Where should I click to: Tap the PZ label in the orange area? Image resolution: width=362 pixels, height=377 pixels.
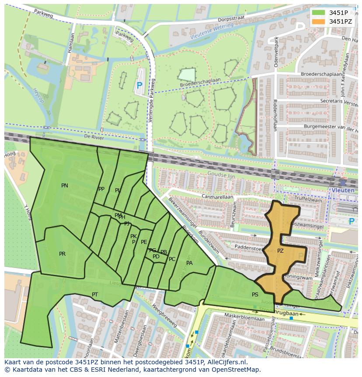(280, 251)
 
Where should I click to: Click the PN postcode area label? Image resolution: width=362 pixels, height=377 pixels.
(65, 186)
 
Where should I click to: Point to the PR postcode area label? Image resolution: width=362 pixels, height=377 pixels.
(63, 254)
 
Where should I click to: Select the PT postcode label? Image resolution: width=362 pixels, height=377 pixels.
(95, 294)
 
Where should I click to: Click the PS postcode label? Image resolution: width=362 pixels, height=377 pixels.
(255, 295)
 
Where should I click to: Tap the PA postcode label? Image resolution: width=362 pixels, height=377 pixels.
(189, 263)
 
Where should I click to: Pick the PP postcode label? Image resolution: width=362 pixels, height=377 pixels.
(101, 189)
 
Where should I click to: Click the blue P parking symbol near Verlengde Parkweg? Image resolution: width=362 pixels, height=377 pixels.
(139, 86)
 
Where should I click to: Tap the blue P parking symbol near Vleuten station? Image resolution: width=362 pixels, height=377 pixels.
(352, 222)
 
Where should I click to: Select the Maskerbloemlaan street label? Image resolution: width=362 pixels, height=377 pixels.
(243, 315)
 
